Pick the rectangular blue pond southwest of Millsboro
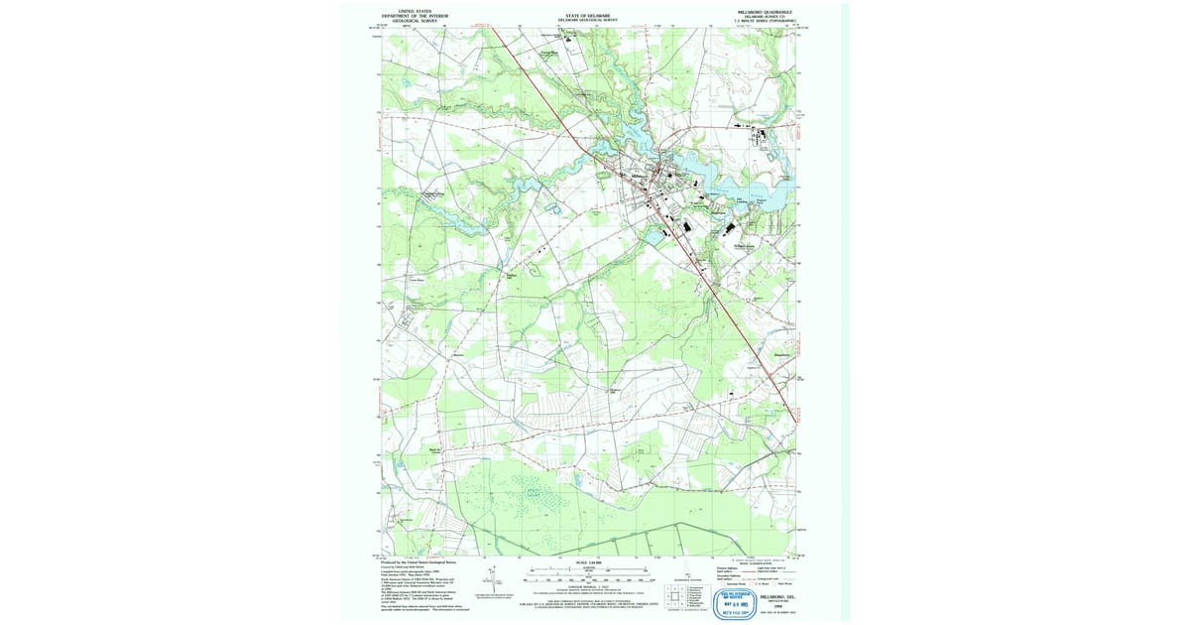[x=655, y=235]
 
